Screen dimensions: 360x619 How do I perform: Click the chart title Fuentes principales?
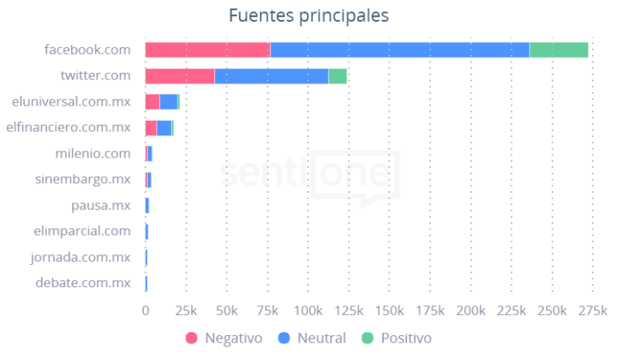(309, 15)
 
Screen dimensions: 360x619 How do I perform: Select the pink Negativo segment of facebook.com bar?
(207, 50)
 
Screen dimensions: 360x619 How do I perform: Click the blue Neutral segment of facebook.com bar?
(400, 50)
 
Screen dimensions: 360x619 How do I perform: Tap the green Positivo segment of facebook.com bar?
(558, 50)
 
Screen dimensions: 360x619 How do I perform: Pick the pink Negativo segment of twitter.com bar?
(180, 76)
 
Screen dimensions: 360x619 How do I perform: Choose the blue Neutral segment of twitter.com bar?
(272, 76)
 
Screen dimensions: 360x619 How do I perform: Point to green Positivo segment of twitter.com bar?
(337, 76)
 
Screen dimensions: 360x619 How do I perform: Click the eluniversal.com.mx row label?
(71, 102)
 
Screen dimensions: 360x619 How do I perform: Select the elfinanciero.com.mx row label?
(68, 127)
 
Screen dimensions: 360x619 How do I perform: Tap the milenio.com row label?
(93, 154)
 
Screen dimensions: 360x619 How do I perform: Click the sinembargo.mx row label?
(82, 179)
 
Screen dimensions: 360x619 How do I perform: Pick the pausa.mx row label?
(101, 206)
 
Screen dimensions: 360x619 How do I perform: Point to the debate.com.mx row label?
(82, 282)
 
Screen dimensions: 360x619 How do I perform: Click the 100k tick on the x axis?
(308, 310)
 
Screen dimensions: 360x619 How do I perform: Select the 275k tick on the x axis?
(592, 310)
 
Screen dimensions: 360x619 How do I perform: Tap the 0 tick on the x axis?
(146, 310)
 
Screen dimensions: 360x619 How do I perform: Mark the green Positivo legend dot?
(368, 338)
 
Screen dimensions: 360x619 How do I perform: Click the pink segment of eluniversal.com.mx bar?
(152, 102)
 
